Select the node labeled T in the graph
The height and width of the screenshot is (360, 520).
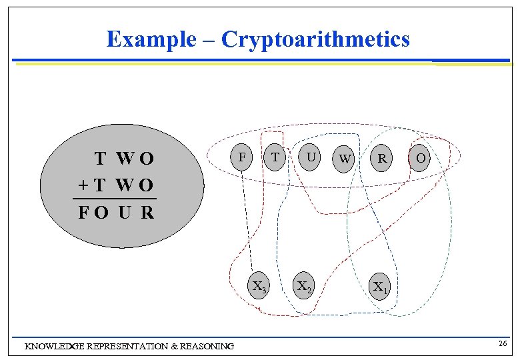pos(274,158)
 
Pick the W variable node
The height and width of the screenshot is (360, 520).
pos(344,159)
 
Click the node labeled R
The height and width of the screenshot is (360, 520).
pos(382,159)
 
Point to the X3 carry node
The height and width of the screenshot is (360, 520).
pos(259,287)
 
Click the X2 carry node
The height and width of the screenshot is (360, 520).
pos(304,287)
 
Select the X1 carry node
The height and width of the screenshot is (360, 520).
pos(381,287)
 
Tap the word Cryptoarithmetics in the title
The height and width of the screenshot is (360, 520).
pos(315,39)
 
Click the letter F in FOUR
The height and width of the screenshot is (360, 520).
pos(83,213)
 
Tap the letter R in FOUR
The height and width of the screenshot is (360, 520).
pos(147,213)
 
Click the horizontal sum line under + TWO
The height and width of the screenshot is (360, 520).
pos(114,199)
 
